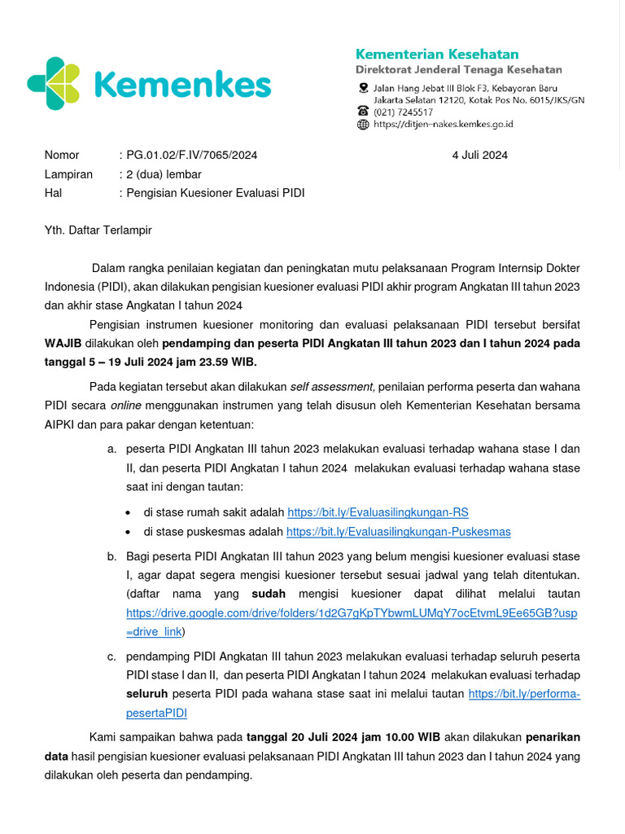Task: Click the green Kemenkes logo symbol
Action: (x=55, y=83)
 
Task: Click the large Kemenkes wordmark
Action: (x=181, y=84)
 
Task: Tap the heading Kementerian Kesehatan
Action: (x=437, y=54)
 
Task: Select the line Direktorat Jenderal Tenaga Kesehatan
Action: (x=458, y=70)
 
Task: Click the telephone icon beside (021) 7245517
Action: (x=363, y=112)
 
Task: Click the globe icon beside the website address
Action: (x=363, y=125)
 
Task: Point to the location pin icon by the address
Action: (x=363, y=87)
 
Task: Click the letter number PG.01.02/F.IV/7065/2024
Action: (x=191, y=156)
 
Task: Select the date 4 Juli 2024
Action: (x=480, y=156)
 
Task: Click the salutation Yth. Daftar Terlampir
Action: (x=98, y=230)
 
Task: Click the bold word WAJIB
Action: (x=63, y=343)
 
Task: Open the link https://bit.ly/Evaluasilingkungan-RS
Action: (x=378, y=512)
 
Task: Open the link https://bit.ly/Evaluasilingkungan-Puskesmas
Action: (x=399, y=531)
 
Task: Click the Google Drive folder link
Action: (x=352, y=613)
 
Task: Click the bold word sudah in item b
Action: (x=268, y=594)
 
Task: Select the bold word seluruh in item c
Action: (x=146, y=693)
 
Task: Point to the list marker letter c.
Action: (x=111, y=656)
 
